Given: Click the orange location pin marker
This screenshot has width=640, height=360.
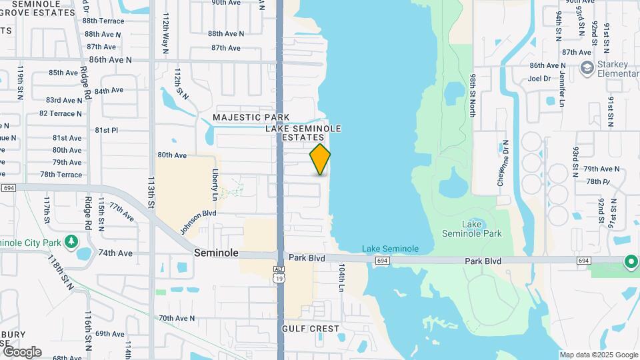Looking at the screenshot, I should [320, 159].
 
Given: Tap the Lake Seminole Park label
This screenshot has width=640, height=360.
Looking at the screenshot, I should [472, 229].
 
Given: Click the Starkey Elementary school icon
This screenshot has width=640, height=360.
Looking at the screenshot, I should [587, 67].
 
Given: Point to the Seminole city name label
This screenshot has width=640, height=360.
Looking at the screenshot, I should [216, 253].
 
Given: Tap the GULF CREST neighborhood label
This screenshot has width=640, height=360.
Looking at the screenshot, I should [311, 329].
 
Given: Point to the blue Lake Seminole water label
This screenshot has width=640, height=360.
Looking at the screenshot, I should [390, 249].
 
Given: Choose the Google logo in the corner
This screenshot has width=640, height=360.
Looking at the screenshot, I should [21, 351].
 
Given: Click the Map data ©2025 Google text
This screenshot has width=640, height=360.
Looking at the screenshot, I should [599, 355].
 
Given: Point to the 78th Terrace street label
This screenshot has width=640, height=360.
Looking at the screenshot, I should [61, 175].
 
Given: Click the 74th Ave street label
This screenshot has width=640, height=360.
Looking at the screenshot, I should [115, 253].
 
